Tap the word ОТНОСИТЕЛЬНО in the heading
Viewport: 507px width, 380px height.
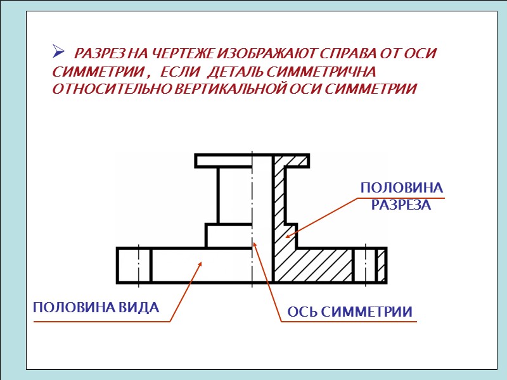coord(108,89)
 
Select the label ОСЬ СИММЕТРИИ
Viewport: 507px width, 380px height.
coord(350,312)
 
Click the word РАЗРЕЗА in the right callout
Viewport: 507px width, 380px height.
coord(401,205)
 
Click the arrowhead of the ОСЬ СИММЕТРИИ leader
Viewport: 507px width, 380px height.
coord(254,244)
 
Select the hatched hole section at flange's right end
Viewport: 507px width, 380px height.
coord(381,265)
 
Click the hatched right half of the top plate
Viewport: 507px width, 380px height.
coord(291,161)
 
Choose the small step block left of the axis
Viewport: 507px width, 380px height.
coord(229,236)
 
